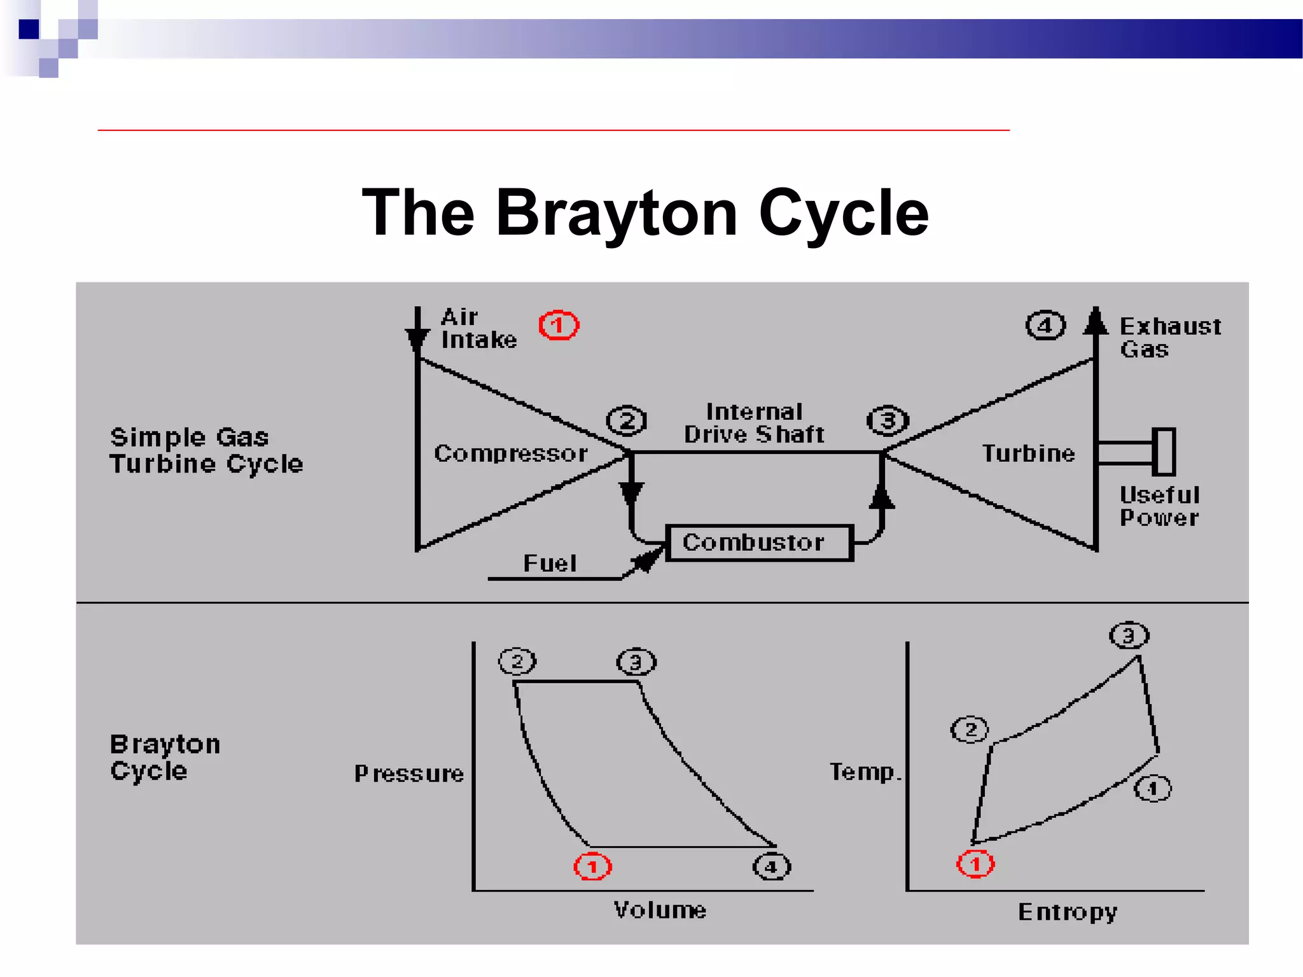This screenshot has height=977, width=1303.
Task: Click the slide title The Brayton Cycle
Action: pos(645,213)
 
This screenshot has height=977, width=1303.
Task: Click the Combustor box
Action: pos(758,543)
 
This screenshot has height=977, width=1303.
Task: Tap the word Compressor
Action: pos(511,454)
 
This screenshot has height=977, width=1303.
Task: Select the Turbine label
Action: pos(1028,454)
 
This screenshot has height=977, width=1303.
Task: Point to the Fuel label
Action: pos(550,564)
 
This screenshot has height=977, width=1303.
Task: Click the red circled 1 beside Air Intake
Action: pos(559,326)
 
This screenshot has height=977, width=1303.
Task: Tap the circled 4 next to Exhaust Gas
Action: pos(1045,326)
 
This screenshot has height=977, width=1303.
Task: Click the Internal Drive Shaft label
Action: pos(754,423)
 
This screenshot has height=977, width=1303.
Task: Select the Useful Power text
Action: pos(1159,506)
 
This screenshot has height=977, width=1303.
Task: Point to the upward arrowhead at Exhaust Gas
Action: pos(1095,321)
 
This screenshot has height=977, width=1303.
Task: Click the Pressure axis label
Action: pos(409,773)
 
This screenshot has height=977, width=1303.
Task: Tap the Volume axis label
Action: pos(660,910)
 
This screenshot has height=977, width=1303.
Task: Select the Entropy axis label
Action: pos(1067,912)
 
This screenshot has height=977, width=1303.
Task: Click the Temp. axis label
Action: pos(865,772)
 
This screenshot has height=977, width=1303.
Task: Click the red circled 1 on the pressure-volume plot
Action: pos(592,866)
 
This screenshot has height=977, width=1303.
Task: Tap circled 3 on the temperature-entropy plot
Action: pos(1129,635)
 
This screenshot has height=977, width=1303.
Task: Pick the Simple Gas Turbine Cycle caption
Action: pos(206,450)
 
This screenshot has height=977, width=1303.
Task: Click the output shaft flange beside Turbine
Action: pos(1164,452)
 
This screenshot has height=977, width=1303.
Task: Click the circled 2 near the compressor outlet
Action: pos(627,420)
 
